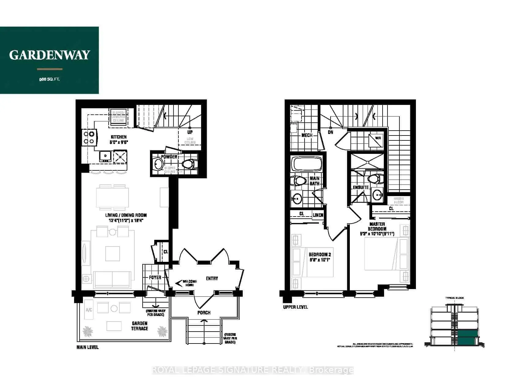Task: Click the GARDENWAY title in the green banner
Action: click(49, 55)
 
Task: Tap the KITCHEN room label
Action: click(119, 137)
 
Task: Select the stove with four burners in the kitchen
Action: click(89, 137)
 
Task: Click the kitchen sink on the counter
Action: click(105, 156)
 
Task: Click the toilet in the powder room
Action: click(189, 164)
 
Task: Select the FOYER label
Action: click(155, 277)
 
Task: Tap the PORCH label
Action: click(204, 312)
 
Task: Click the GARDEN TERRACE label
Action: click(140, 326)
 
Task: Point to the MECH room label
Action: click(307, 135)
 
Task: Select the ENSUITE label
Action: click(361, 187)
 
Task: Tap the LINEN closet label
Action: click(318, 215)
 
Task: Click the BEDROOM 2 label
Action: click(320, 257)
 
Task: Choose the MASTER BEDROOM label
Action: click(377, 226)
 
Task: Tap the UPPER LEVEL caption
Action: click(295, 307)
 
